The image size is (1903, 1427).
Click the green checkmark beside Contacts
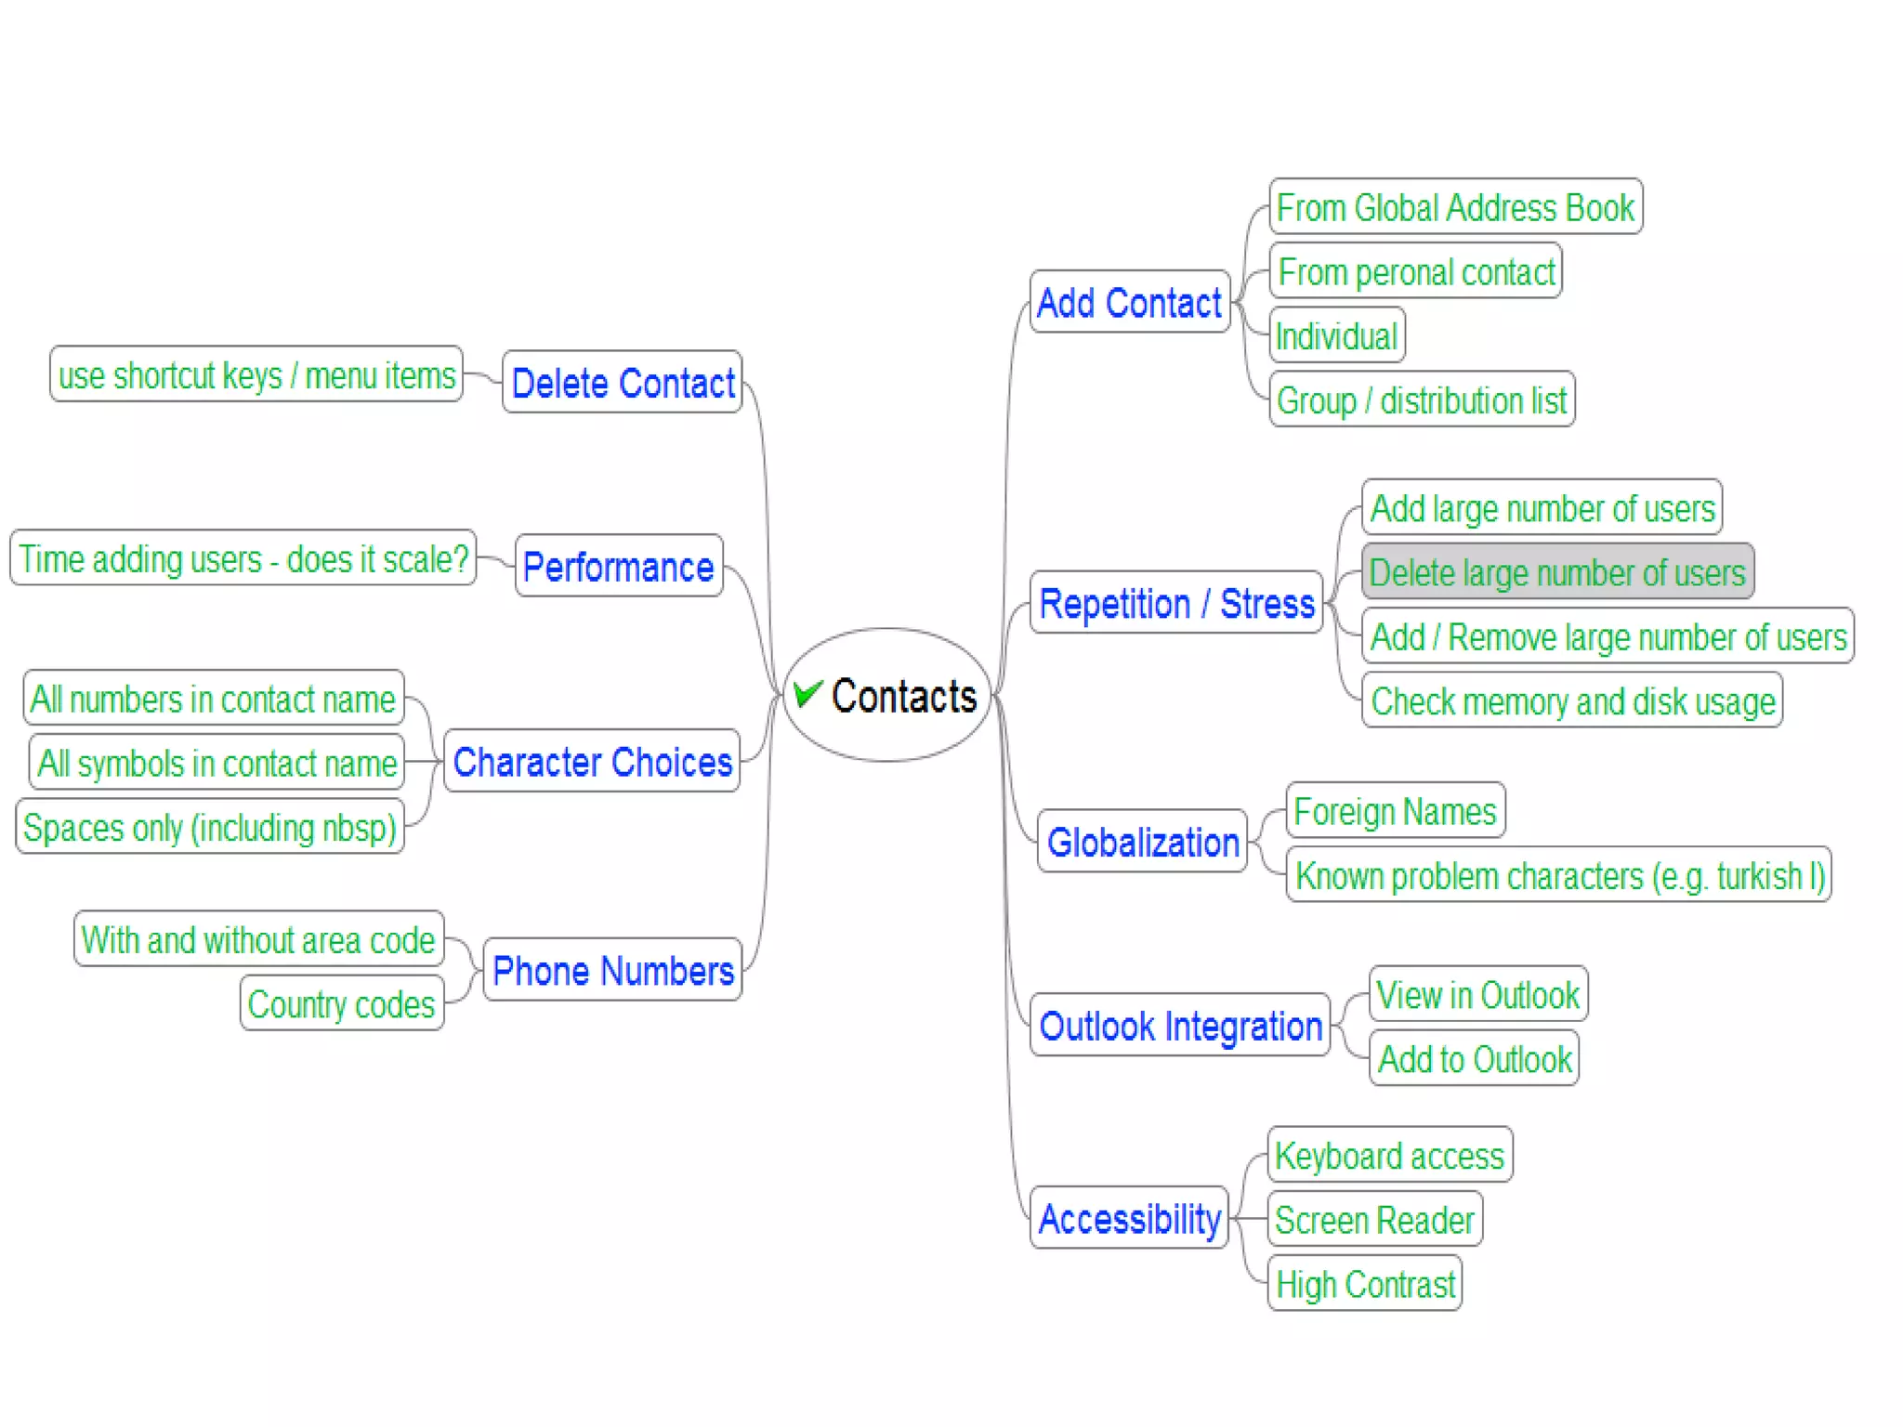click(807, 693)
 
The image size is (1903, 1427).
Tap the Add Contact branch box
click(1129, 302)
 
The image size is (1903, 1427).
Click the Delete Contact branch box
click(622, 382)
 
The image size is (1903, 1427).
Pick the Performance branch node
click(619, 566)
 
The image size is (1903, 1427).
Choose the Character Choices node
click(592, 761)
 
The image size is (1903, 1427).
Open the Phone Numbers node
click(612, 970)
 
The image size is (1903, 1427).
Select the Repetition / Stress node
click(1176, 603)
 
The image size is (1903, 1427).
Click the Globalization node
click(1142, 842)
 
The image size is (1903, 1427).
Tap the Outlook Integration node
click(1180, 1026)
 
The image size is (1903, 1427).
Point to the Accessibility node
click(1129, 1218)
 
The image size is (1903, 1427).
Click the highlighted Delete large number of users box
click(1557, 571)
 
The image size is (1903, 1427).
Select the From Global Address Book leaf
click(1455, 206)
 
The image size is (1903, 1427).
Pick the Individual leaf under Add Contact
click(1336, 335)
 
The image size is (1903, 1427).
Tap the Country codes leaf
click(341, 1003)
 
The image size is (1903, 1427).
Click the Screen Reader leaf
click(1374, 1219)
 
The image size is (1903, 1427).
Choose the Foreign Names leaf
click(1395, 811)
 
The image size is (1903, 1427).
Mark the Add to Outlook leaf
click(1474, 1058)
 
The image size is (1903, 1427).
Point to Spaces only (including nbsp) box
click(210, 827)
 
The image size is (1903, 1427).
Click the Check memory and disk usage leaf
click(1572, 700)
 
